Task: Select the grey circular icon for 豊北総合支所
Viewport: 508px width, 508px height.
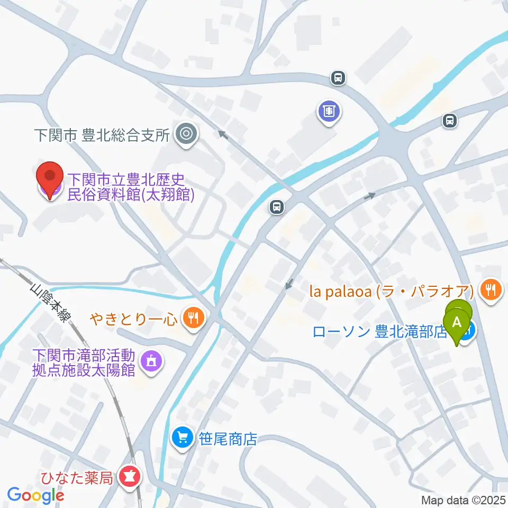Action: point(186,134)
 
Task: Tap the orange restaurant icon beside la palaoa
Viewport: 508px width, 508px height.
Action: point(492,288)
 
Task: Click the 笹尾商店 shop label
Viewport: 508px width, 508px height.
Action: point(228,439)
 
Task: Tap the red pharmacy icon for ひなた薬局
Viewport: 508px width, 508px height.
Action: point(129,477)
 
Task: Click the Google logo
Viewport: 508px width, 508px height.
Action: point(35,495)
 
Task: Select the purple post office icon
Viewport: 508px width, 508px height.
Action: point(329,111)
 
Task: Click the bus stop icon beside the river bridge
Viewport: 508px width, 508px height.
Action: point(276,206)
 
